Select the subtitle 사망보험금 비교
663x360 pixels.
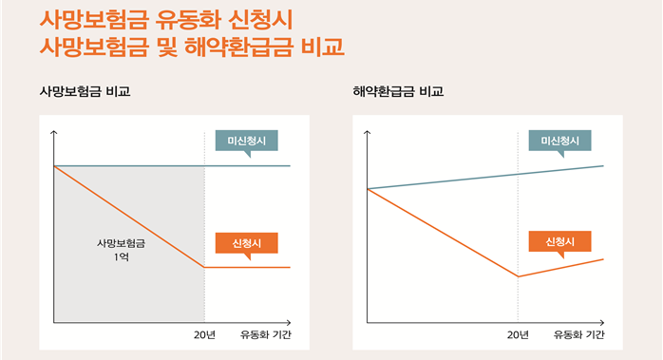(85, 92)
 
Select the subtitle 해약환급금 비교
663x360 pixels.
(398, 92)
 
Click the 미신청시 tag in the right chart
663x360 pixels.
(559, 141)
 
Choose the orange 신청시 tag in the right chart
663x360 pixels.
(559, 241)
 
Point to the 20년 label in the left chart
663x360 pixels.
(204, 334)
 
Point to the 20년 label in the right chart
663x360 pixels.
(518, 334)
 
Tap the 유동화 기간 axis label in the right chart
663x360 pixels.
(579, 334)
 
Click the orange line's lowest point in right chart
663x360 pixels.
(518, 276)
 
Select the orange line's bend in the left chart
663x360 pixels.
(204, 267)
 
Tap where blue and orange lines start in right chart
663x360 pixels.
(369, 189)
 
